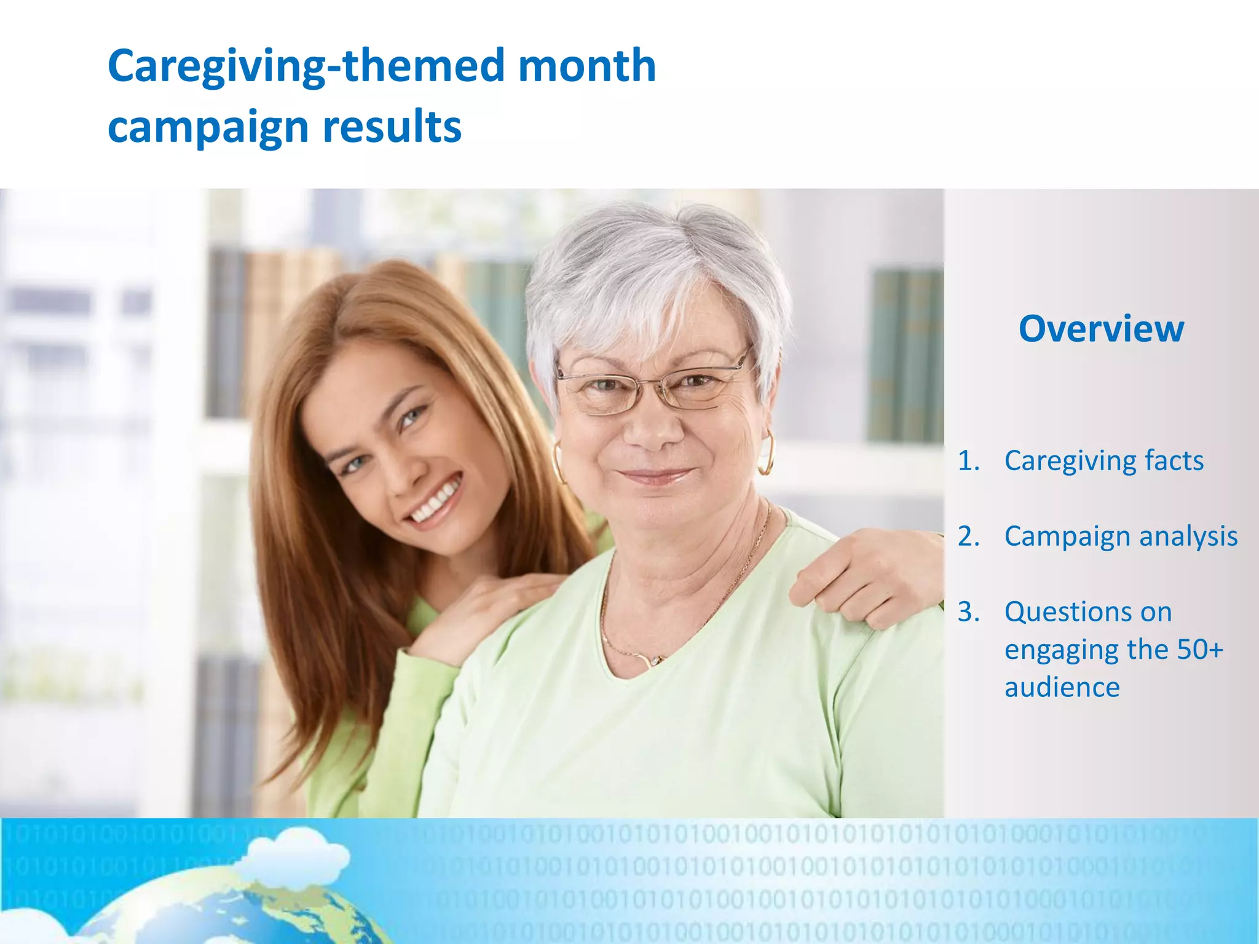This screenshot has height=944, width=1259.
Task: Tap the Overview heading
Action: (1101, 329)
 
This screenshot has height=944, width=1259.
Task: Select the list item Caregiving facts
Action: (1103, 460)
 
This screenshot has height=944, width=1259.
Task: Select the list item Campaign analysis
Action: (1120, 536)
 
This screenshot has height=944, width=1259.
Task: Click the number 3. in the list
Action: (969, 612)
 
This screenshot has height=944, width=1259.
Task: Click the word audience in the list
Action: (1062, 687)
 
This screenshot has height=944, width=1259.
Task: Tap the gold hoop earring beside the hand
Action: (767, 452)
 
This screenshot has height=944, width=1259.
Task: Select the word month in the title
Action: (586, 66)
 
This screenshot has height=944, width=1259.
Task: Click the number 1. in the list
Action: (969, 460)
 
